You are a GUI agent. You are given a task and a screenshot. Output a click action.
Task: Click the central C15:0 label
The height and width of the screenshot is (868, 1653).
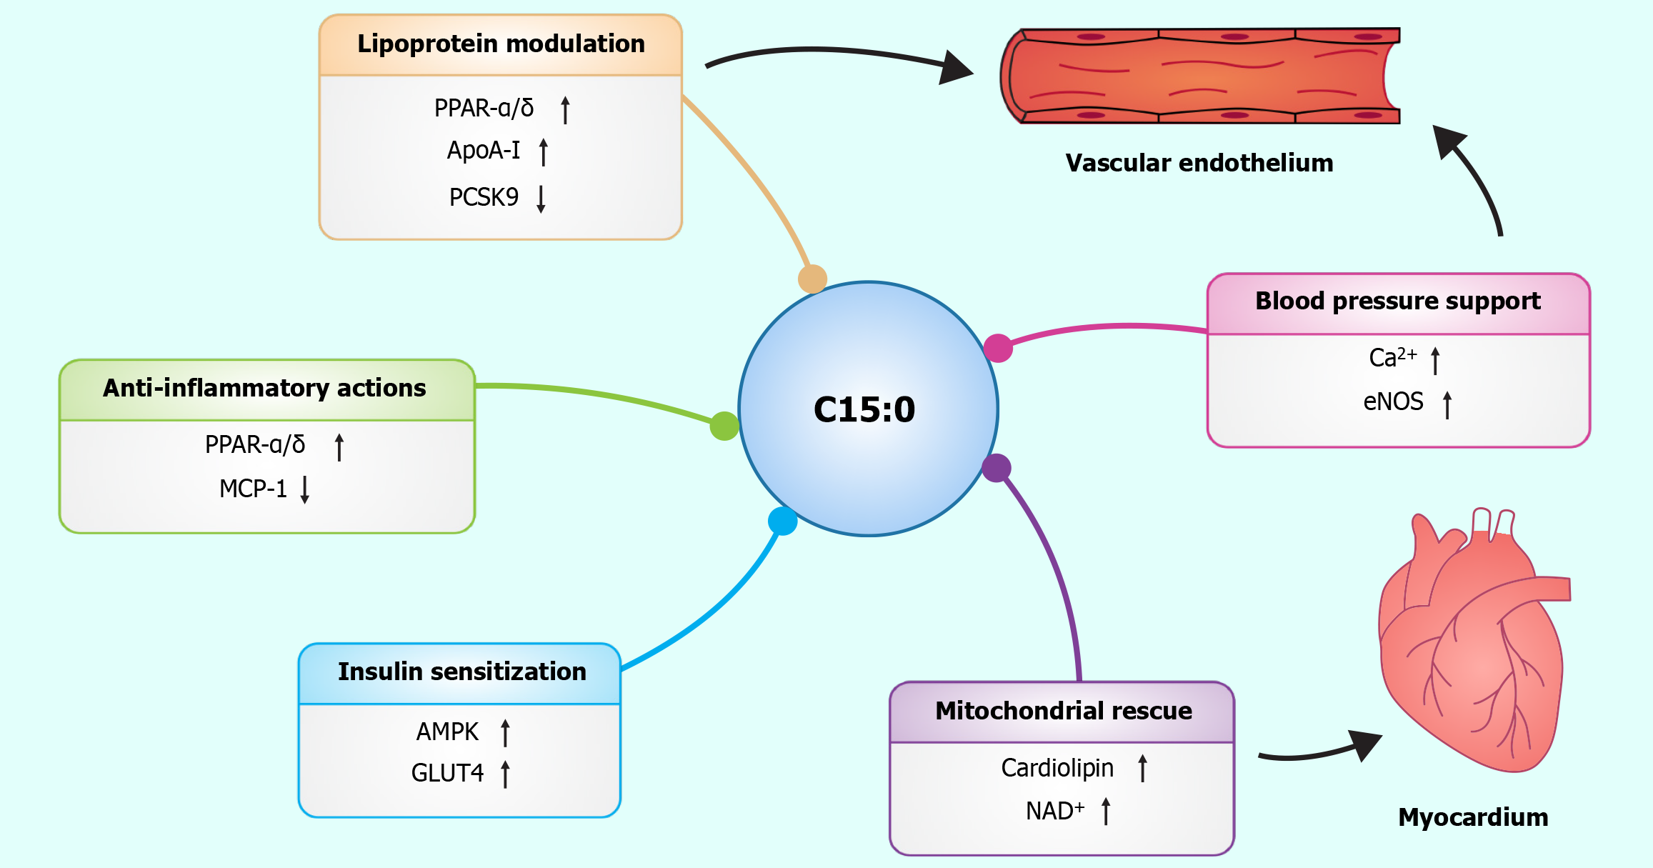(864, 409)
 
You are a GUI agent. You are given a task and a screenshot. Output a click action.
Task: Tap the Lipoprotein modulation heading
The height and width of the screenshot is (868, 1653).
(501, 44)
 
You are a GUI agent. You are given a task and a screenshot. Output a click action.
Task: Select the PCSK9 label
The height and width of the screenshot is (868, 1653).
(484, 197)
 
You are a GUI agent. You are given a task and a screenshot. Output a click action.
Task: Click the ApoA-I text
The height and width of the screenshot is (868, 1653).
(484, 150)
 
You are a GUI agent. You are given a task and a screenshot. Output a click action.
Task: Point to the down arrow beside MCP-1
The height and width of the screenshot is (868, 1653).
(305, 489)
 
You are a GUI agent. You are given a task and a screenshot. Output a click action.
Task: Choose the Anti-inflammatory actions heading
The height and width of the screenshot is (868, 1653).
(264, 388)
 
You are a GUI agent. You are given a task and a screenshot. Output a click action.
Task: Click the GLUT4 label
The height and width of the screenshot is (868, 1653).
(447, 773)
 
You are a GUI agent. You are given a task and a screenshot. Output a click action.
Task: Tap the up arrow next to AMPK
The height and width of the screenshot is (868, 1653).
(506, 732)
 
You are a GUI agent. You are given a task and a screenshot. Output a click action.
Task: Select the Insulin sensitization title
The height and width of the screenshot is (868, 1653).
(461, 672)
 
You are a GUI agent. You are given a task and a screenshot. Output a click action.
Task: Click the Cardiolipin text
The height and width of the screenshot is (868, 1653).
(1057, 768)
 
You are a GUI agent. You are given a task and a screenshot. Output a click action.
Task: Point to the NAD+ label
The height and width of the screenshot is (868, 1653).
(1055, 811)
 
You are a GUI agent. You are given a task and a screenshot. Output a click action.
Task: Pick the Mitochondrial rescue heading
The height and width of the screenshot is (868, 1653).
(1064, 711)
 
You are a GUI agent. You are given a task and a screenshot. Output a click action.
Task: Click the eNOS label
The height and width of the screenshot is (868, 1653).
(1393, 401)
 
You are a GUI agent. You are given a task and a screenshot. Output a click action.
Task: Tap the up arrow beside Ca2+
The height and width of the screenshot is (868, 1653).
(1436, 360)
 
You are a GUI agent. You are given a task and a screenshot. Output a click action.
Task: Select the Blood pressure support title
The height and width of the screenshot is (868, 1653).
(1398, 301)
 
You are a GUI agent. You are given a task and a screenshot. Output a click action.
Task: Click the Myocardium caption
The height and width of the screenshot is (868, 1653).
(1473, 817)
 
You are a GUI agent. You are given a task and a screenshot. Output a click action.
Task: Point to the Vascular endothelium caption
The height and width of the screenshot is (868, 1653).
(1199, 163)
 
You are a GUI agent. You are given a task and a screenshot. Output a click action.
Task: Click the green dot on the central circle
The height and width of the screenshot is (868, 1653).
(724, 426)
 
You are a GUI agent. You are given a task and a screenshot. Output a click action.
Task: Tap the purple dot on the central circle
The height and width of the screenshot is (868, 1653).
(997, 468)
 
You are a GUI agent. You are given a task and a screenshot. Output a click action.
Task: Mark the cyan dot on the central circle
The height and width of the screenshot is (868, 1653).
(783, 521)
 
